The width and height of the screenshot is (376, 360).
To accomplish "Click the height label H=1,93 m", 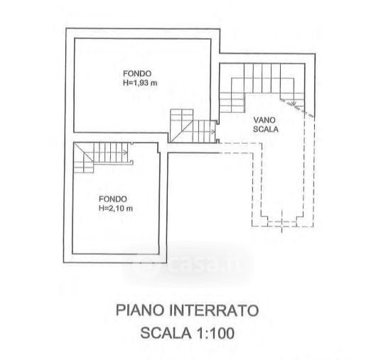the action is click(140, 83).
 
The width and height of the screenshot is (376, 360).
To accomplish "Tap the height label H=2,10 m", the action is click(116, 208).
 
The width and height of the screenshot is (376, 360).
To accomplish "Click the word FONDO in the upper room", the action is click(137, 73).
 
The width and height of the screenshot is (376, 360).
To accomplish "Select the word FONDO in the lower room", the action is click(113, 199).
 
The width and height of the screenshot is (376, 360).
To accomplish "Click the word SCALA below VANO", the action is click(266, 129).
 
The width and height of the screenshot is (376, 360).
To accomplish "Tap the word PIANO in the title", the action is click(140, 310).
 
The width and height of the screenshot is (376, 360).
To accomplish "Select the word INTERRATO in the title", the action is click(214, 310).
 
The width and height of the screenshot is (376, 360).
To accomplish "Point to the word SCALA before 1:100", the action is click(166, 333).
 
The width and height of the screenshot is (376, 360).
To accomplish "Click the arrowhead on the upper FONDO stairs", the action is click(213, 132).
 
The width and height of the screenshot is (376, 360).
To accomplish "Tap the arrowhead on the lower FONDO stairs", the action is click(125, 153).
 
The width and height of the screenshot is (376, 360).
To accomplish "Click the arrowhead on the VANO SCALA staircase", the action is click(294, 103).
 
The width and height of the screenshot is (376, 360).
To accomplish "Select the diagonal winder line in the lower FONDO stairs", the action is click(83, 153).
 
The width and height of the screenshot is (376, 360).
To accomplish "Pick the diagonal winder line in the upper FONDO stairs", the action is click(182, 131).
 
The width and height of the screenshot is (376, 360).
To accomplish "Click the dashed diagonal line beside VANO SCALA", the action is click(297, 107).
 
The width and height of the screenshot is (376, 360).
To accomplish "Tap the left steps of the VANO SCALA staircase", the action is click(232, 102).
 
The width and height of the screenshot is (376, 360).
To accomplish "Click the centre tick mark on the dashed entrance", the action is click(281, 221).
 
